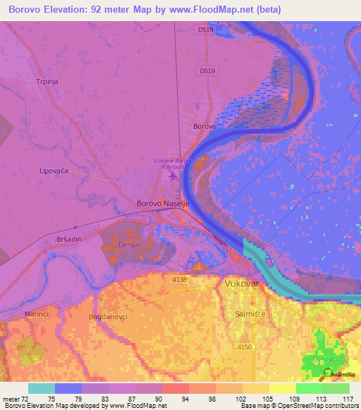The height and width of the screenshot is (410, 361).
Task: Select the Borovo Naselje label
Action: (x=163, y=204)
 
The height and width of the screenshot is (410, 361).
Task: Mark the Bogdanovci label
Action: (x=108, y=318)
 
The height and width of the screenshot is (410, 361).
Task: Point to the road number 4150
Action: (x=244, y=347)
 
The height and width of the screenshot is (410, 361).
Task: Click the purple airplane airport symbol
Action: (x=173, y=175)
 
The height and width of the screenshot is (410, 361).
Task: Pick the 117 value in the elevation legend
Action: (x=346, y=399)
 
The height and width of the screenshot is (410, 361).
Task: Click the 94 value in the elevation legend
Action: (x=185, y=399)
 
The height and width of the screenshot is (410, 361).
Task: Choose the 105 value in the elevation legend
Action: (x=266, y=399)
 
